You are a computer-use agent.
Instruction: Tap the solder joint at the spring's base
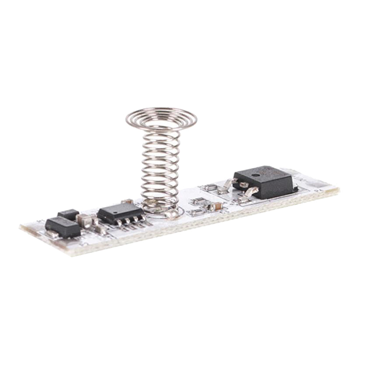(x=172, y=214)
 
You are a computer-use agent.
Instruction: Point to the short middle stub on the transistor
(x=243, y=185)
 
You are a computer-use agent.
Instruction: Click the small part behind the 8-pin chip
(x=127, y=202)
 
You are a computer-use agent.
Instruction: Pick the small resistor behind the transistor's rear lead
(x=211, y=187)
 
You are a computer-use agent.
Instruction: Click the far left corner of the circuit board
(x=21, y=227)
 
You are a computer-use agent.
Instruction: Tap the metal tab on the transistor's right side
(x=295, y=187)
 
